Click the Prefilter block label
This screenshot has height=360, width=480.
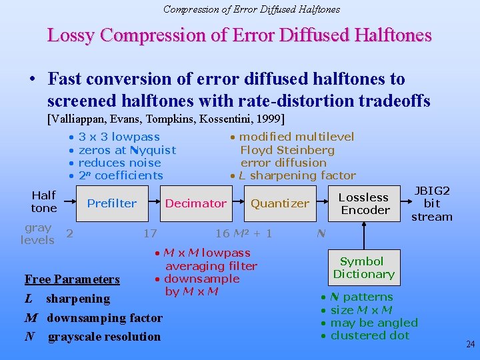click(112, 203)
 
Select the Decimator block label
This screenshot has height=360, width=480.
click(195, 203)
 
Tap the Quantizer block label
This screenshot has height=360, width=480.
click(279, 203)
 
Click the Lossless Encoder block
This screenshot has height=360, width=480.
click(364, 203)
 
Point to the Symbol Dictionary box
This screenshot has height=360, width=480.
click(363, 267)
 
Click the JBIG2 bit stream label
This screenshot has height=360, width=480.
click(432, 203)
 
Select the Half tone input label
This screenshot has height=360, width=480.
click(43, 201)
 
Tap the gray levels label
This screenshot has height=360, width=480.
click(37, 234)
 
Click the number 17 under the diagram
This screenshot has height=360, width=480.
click(150, 233)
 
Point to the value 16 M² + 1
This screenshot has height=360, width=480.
click(243, 233)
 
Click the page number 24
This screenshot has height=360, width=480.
click(470, 345)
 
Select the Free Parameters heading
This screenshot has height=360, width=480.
click(72, 279)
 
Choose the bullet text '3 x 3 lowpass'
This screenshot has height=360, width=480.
click(119, 137)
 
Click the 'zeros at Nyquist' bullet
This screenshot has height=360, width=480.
click(127, 150)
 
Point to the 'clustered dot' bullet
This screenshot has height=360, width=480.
click(369, 335)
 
